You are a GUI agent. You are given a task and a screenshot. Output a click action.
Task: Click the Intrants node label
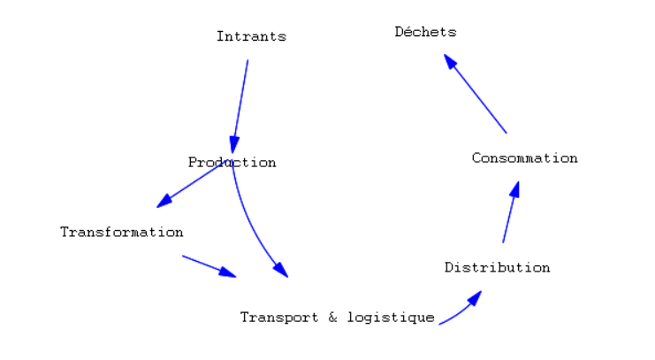tap(251, 36)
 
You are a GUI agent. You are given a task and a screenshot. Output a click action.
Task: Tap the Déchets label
tap(425, 32)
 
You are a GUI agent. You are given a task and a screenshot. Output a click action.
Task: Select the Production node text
tap(232, 163)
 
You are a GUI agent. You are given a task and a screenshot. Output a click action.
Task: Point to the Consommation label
tap(524, 158)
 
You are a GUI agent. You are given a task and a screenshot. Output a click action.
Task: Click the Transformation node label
tap(122, 233)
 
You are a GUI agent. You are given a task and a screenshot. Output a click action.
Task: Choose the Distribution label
tap(497, 267)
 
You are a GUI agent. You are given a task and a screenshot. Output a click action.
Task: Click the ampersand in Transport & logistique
tap(332, 317)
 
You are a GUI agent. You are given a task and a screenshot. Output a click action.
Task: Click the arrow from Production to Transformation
tap(188, 186)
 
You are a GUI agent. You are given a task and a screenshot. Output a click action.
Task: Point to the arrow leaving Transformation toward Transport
tap(209, 266)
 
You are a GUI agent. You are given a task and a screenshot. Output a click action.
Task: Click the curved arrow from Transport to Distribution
tap(461, 309)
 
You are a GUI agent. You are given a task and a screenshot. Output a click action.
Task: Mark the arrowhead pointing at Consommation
tap(514, 189)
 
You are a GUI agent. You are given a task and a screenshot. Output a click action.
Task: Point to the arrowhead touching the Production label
tap(234, 145)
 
